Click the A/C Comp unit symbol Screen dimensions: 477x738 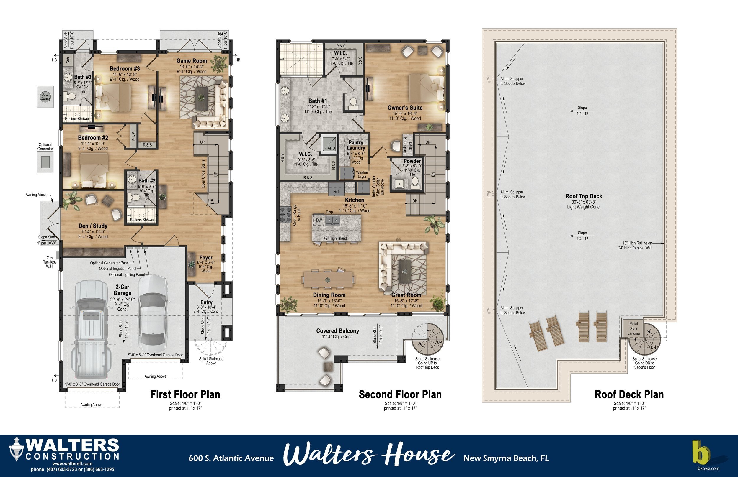(45, 97)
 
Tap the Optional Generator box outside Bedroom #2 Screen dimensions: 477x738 (45, 161)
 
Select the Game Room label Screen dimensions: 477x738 (191, 61)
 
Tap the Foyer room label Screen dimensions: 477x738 (206, 258)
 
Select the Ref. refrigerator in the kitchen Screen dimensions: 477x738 (337, 189)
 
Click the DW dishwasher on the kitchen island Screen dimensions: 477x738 (319, 220)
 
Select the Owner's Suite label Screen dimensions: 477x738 (405, 108)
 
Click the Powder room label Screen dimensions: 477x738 (412, 161)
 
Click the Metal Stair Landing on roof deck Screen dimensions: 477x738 (633, 329)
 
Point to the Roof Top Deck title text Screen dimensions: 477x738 (584, 196)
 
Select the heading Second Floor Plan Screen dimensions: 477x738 (400, 394)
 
